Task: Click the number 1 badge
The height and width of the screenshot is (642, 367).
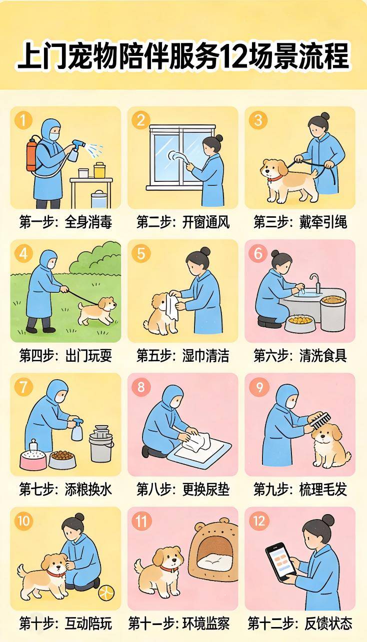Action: pos(23,120)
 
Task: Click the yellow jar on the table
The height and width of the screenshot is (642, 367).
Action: pos(99,170)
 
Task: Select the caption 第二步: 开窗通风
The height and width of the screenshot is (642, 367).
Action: pos(183,222)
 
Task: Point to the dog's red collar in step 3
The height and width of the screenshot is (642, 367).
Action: pos(274,178)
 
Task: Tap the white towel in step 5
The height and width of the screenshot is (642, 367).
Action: pos(172,307)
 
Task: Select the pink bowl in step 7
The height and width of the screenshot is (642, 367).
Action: pos(33,459)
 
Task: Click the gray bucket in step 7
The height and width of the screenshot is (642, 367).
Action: pos(101,443)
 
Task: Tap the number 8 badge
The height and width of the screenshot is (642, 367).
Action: pos(141,387)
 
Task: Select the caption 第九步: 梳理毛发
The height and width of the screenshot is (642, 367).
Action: pos(300,489)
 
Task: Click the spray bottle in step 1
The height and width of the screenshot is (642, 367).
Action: pos(75,149)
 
